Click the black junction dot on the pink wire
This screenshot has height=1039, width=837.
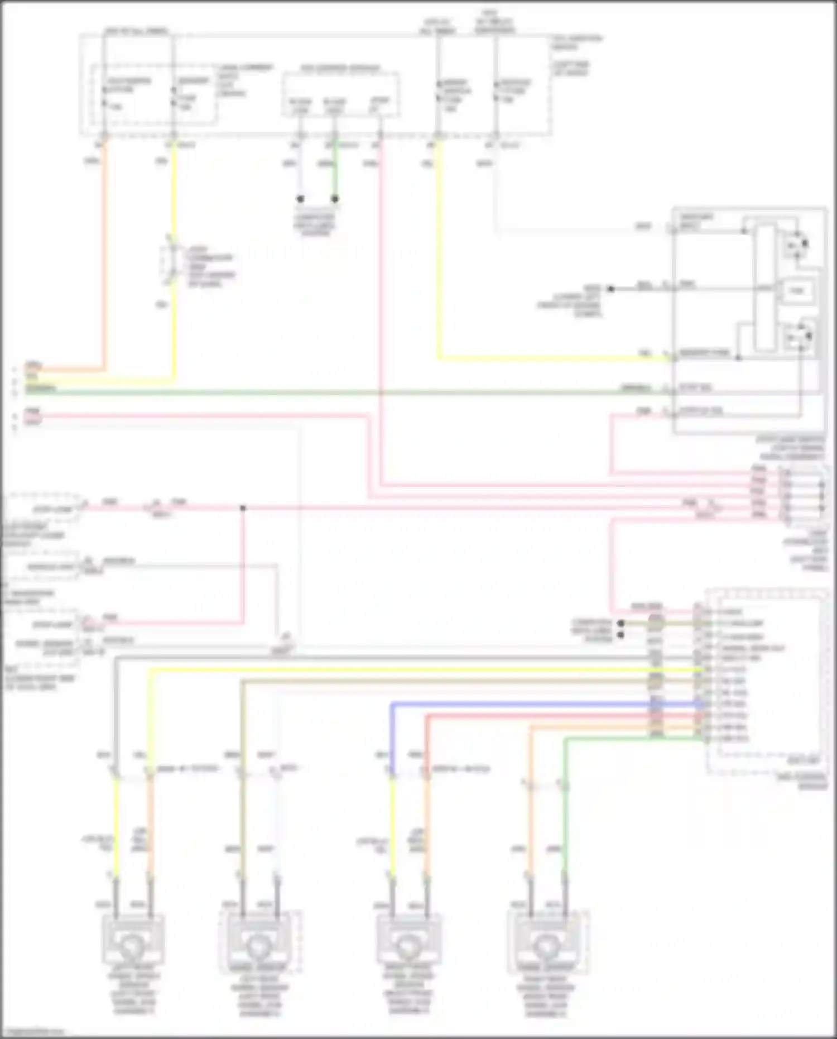[x=243, y=508]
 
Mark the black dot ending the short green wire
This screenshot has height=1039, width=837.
[x=335, y=199]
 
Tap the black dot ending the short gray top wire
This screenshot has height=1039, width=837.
[x=300, y=199]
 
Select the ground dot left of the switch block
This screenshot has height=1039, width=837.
[x=610, y=289]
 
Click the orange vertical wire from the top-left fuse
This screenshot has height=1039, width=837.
[x=104, y=251]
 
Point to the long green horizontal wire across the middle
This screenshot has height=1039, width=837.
[x=335, y=392]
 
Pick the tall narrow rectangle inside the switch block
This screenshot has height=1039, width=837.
[x=766, y=288]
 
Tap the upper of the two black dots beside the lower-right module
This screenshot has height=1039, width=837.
[x=620, y=623]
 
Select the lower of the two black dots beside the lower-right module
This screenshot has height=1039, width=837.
[x=620, y=635]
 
